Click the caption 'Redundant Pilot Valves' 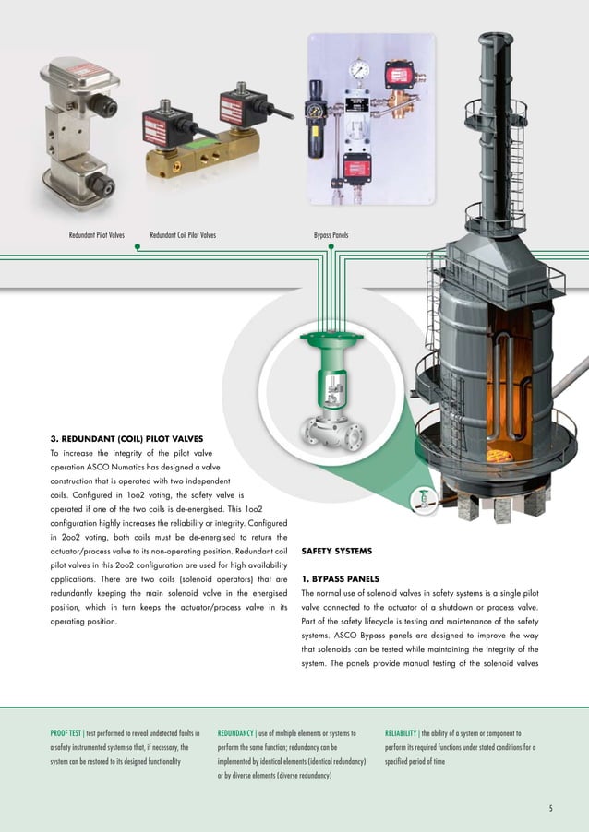pos(96,235)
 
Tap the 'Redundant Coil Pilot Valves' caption pos(183,235)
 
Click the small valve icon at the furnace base pos(424,497)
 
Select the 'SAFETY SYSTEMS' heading pos(336,552)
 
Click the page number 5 pos(550,810)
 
